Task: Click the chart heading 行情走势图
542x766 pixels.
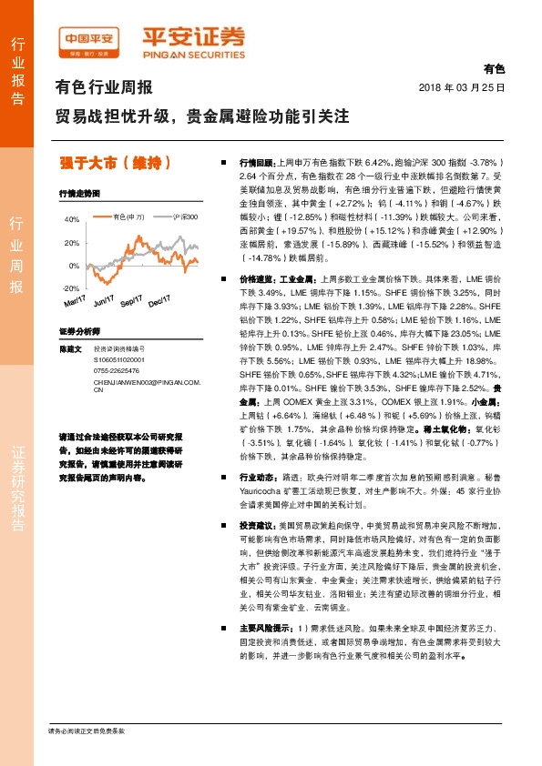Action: click(77, 195)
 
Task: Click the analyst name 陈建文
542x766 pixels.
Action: click(70, 349)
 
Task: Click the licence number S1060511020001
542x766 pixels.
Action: click(119, 360)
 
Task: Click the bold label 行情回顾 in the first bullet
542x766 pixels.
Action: click(256, 160)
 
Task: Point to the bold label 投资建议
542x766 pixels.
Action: click(256, 527)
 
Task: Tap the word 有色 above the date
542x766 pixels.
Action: click(493, 68)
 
